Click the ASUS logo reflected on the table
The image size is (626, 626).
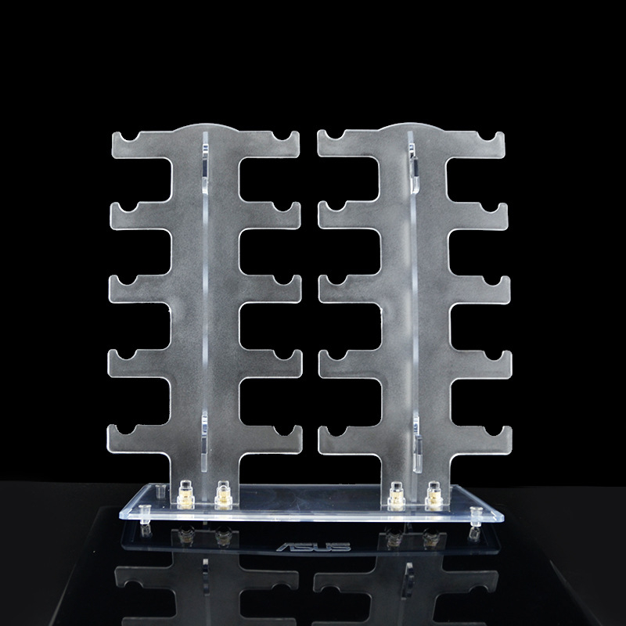(x=314, y=546)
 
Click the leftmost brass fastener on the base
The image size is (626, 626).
(x=185, y=495)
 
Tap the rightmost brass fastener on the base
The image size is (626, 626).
(x=434, y=496)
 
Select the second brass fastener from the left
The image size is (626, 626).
(x=224, y=495)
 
